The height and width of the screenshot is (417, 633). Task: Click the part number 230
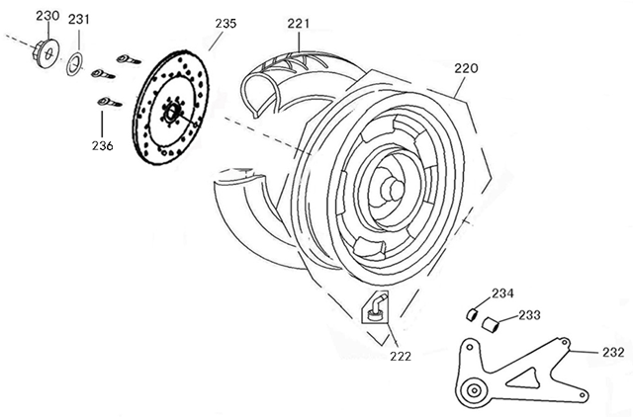pos(46,16)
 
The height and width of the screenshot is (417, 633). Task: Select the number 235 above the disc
pos(226,22)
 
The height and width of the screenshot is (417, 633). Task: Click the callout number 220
pos(466,68)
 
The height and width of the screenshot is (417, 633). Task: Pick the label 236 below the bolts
pos(102,145)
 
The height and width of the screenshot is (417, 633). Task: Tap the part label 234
pos(502,293)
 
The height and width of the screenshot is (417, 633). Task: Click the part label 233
pos(529,315)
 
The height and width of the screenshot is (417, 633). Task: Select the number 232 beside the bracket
pos(612,352)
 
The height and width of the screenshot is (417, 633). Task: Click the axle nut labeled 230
pos(44,48)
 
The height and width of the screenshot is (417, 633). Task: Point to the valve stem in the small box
pos(375,308)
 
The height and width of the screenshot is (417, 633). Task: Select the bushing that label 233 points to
pos(488,322)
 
